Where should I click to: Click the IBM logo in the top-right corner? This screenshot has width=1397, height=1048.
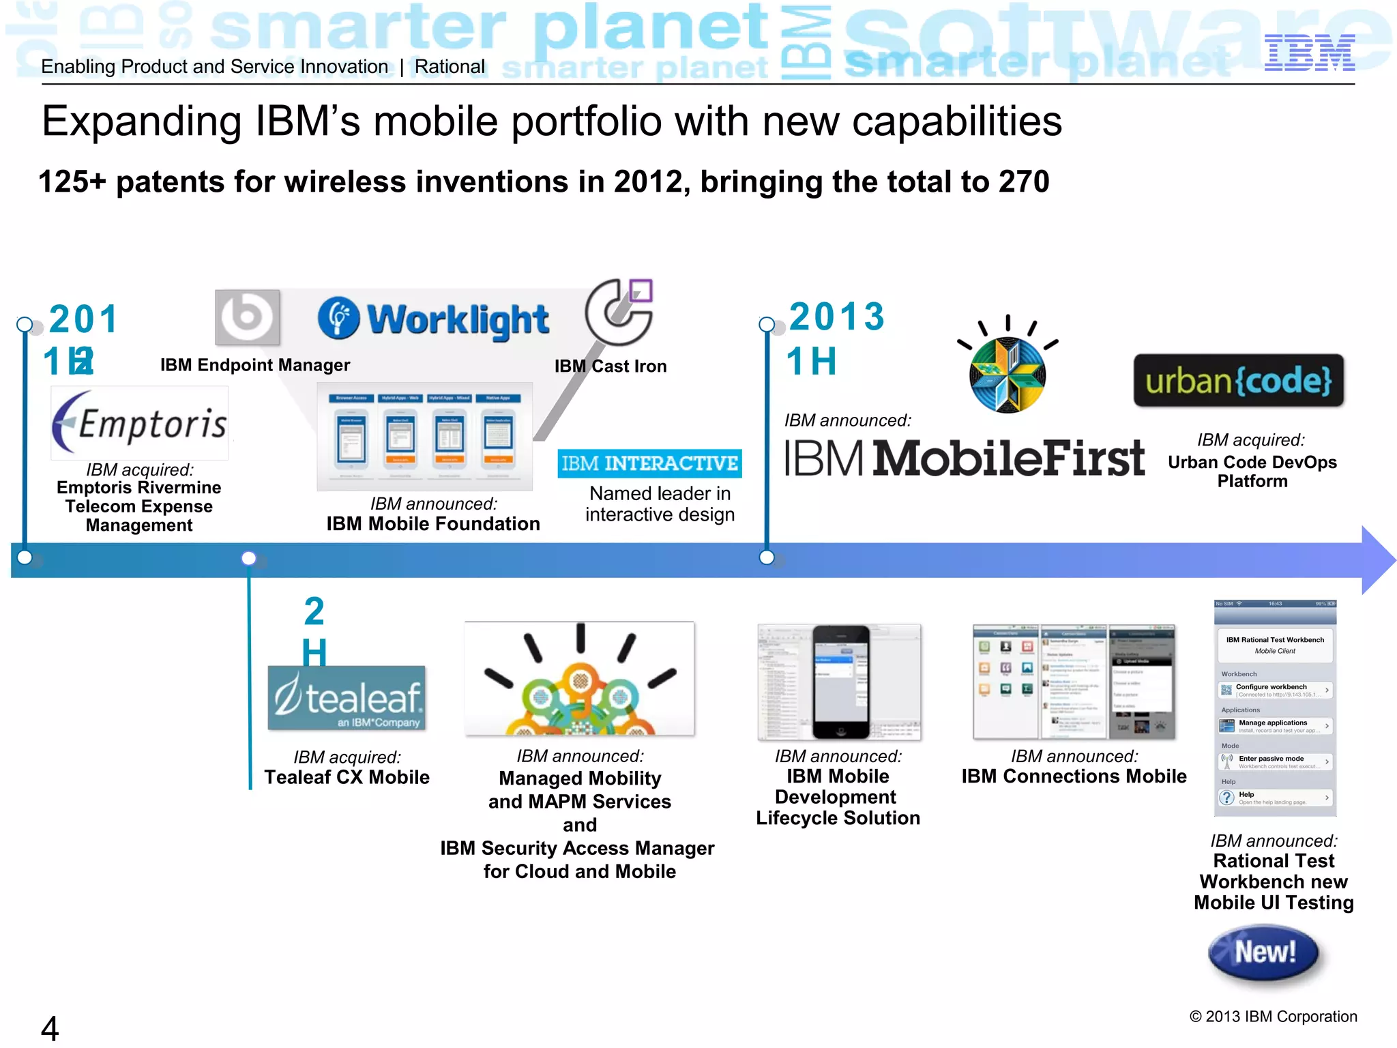coord(1309,53)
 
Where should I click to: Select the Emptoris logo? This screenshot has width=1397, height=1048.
coord(140,423)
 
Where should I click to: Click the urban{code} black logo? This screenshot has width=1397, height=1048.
coord(1238,381)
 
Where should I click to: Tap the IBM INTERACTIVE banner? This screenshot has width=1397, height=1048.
coord(649,464)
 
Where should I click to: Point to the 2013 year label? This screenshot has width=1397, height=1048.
coord(837,317)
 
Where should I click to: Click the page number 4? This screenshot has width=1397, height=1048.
coord(50,1028)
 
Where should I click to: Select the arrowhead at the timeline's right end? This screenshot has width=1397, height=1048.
coord(1377,560)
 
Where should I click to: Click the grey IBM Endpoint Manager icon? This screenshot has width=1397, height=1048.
coord(247,317)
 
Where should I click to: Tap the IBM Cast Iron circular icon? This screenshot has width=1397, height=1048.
coord(619,312)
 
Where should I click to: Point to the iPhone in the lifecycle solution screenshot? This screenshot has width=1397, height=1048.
coord(841,682)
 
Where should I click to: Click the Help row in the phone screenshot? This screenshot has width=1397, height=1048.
coord(1274,798)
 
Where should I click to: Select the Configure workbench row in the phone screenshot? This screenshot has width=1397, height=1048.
coord(1274,690)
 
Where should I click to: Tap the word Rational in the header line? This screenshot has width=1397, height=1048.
coord(450,67)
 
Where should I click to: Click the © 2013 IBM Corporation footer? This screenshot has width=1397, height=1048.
coord(1273,1017)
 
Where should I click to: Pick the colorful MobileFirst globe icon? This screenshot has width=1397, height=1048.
coord(1008,373)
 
